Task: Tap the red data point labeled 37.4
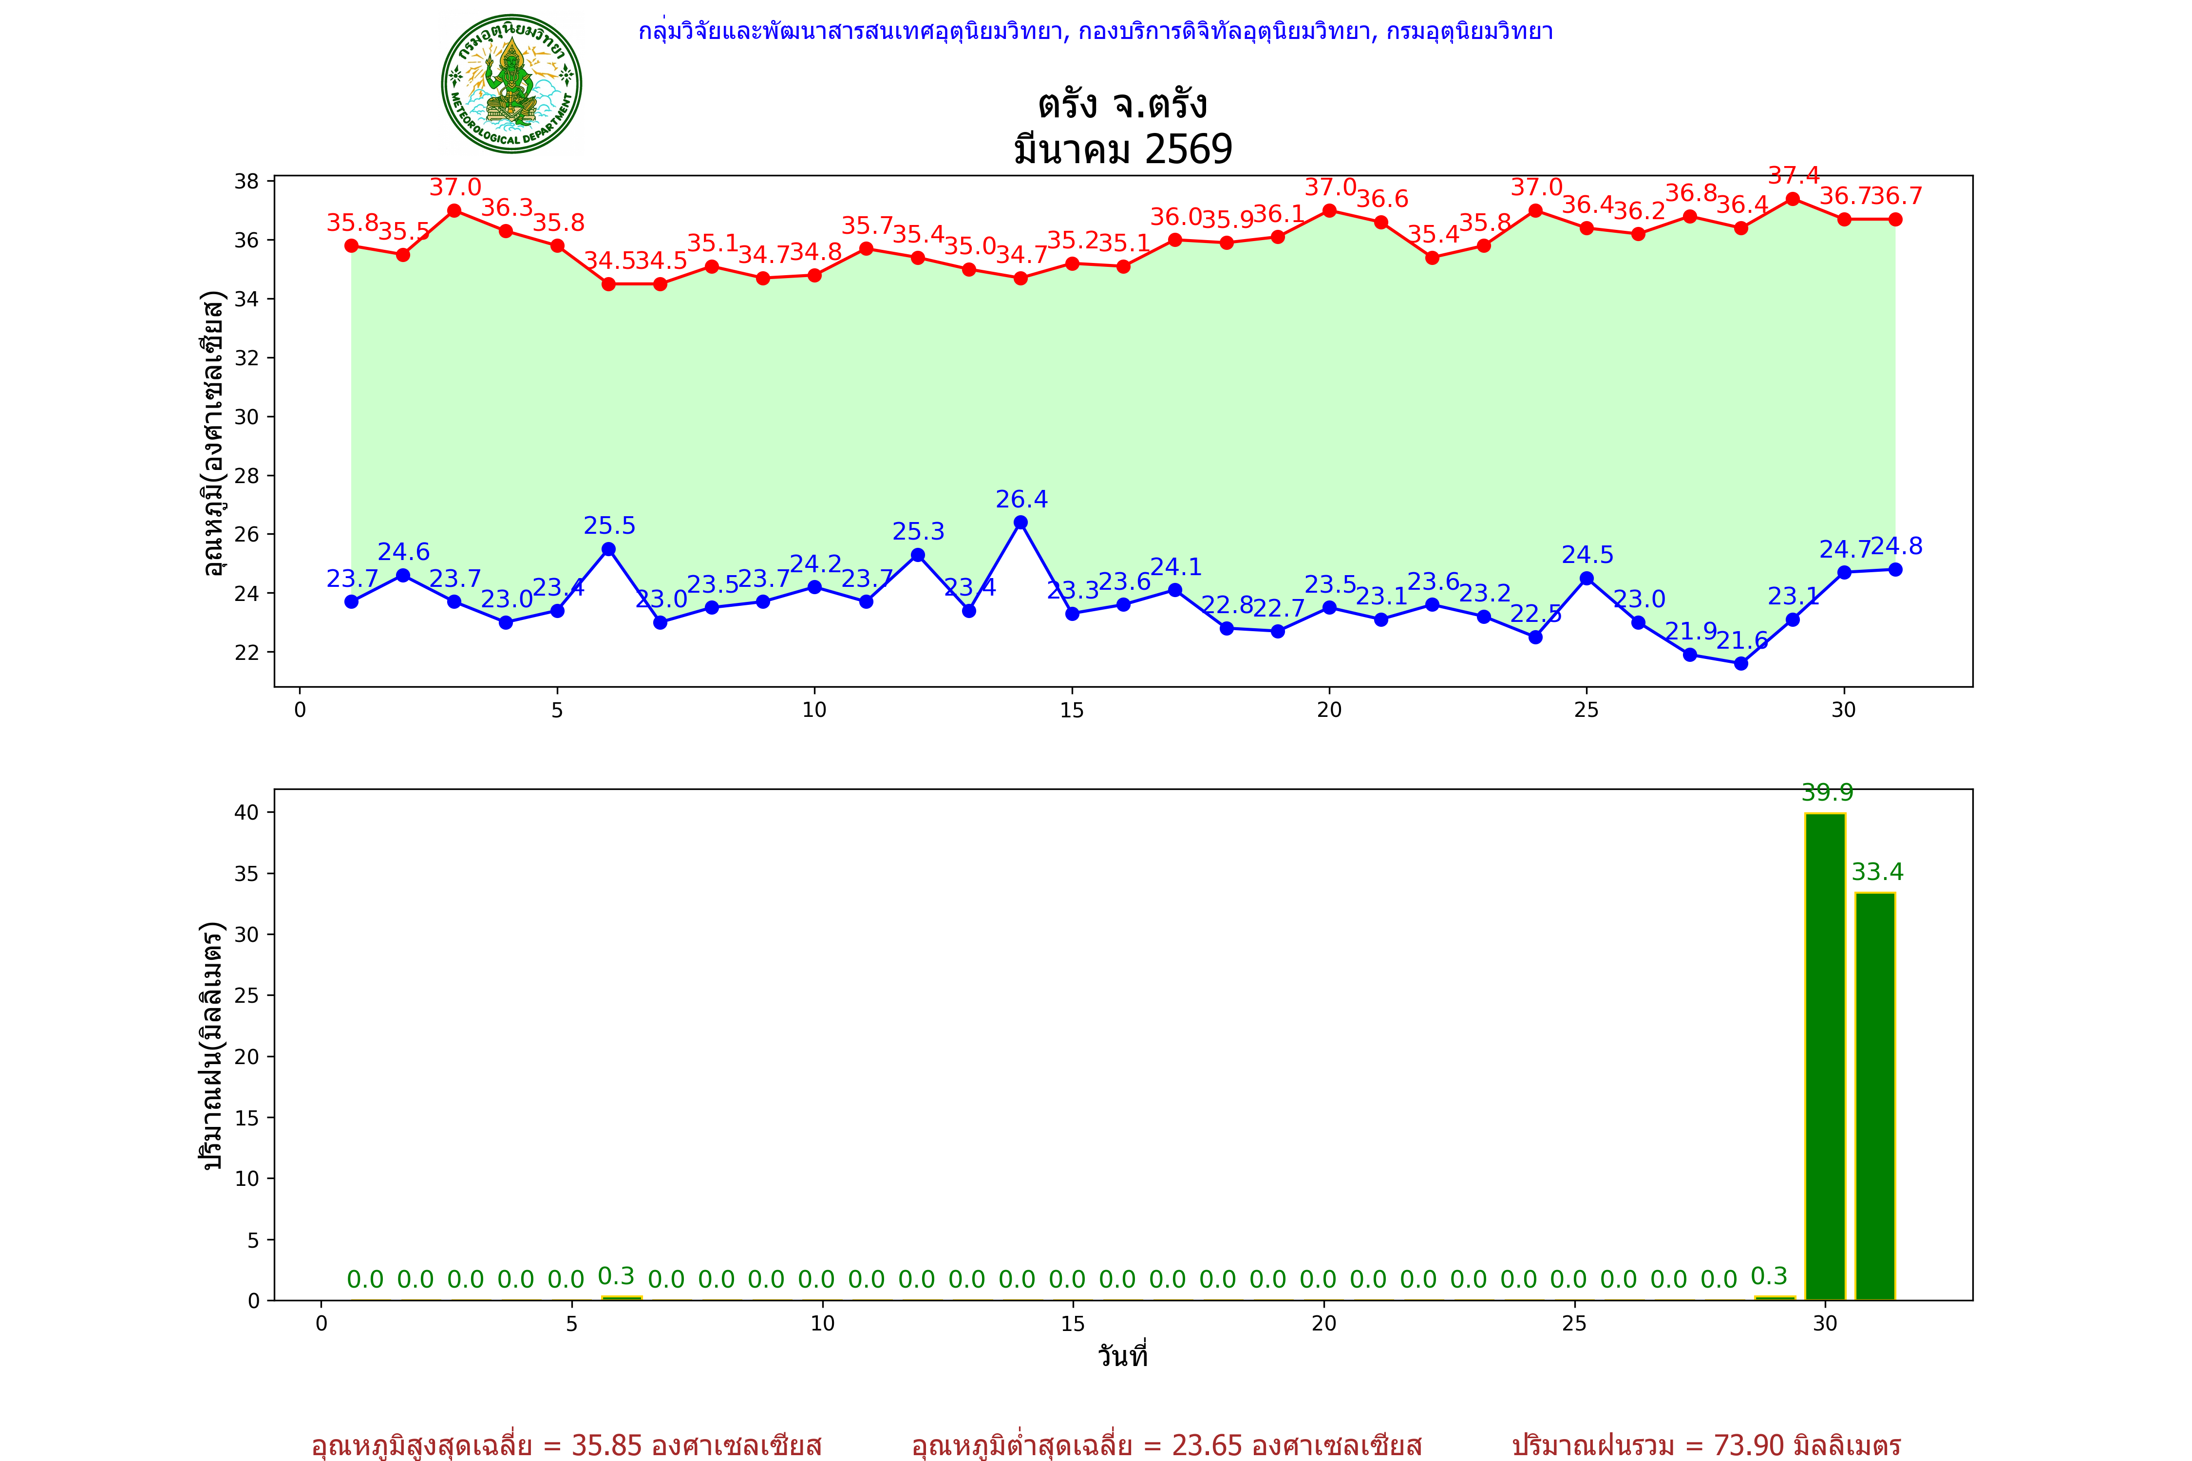tap(1792, 199)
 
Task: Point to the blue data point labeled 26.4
tap(1020, 523)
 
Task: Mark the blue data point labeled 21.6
tap(1741, 663)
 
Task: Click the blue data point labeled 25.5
tap(608, 549)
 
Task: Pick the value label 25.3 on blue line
tap(918, 532)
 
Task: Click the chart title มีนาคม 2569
tap(1123, 149)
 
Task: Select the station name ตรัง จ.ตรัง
tap(1123, 104)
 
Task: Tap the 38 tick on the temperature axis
tap(247, 181)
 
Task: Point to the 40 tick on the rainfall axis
tap(247, 812)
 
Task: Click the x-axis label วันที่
tap(1123, 1356)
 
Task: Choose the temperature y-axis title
tap(213, 433)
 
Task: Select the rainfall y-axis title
tap(213, 1046)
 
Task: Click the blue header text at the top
tap(1095, 32)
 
